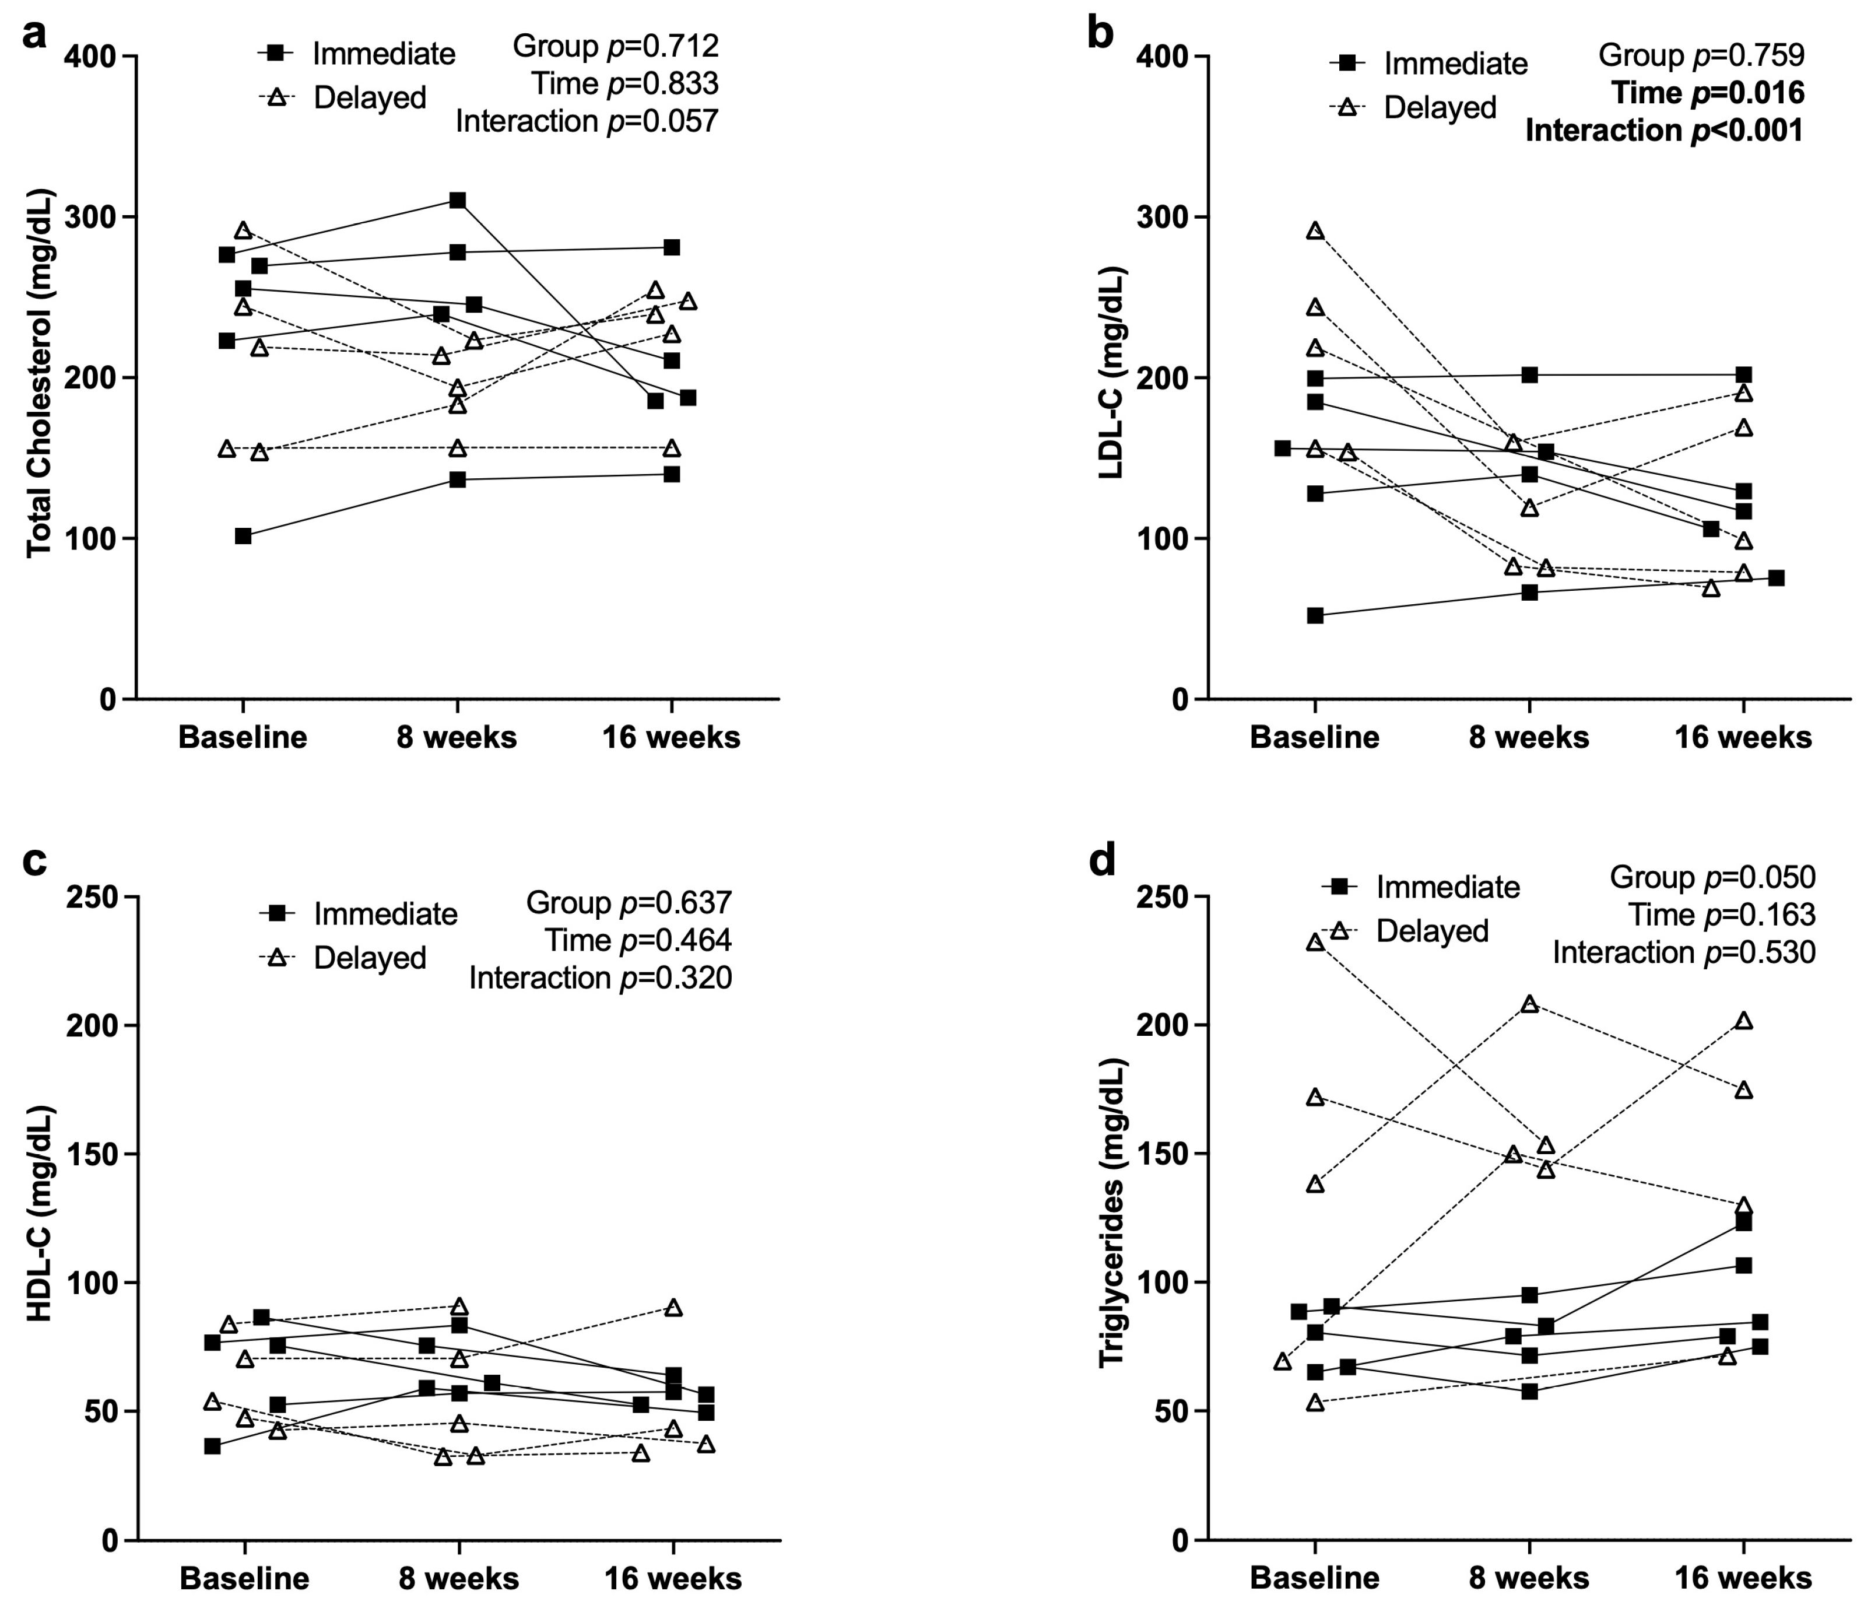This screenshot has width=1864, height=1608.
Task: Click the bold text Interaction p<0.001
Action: click(x=1663, y=131)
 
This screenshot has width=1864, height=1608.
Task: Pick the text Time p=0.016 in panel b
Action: click(x=1708, y=93)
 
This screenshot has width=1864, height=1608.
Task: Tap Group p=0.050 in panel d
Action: click(x=1712, y=877)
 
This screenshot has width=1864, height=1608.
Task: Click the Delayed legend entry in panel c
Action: click(x=369, y=958)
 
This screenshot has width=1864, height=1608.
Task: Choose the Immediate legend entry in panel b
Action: click(x=1455, y=64)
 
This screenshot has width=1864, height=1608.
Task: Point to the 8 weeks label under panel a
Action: click(x=457, y=738)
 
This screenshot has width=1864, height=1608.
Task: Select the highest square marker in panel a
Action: click(x=458, y=200)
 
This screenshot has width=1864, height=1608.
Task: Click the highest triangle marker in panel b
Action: click(x=1315, y=230)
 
